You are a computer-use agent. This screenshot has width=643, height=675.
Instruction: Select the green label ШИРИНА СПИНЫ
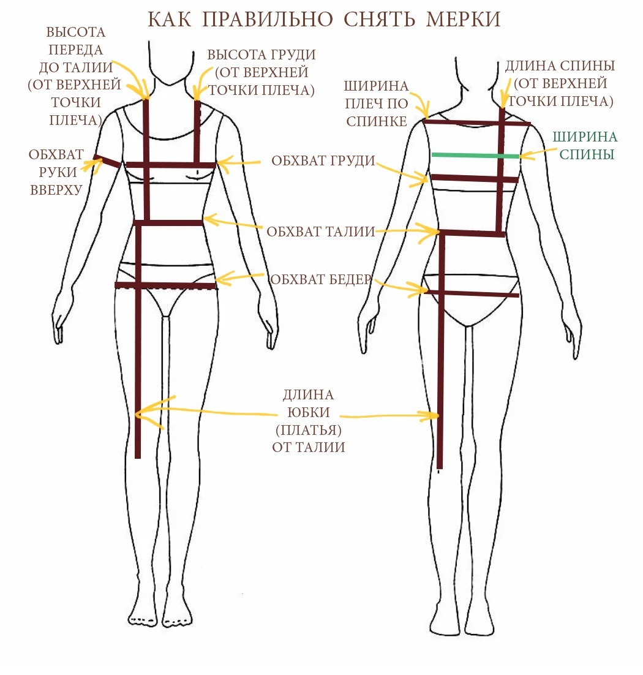coord(585,146)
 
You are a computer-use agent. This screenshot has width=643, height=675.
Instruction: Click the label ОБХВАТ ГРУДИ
coord(323,161)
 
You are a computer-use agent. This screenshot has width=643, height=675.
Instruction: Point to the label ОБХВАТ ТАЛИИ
coord(320,232)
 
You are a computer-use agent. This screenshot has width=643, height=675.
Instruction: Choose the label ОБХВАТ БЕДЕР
coord(320,280)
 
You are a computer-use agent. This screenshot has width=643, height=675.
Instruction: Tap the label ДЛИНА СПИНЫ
coord(559,66)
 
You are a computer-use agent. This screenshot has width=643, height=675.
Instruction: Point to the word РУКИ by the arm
coord(56,172)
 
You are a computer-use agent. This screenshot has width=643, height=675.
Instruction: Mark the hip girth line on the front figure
coord(165,285)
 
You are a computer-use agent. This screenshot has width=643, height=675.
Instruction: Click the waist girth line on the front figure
coord(168,222)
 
